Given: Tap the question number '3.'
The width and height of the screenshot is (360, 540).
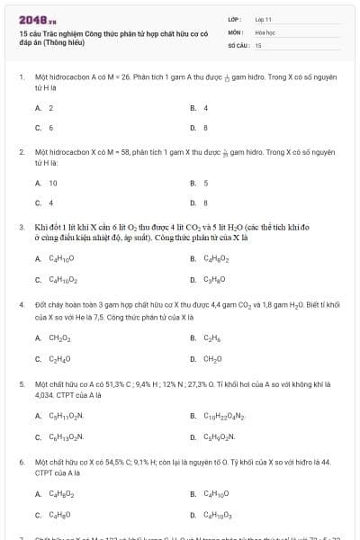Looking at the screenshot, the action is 21,228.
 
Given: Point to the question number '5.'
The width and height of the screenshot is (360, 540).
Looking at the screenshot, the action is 21,383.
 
